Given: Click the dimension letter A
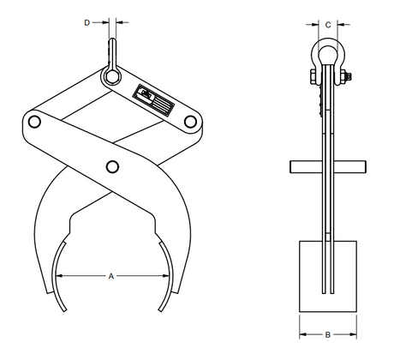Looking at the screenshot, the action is (111, 276).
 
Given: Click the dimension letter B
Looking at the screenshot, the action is (328, 334).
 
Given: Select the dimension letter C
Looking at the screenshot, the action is (328, 25).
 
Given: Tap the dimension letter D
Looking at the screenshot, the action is (87, 22).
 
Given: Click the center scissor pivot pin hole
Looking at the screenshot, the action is (112, 166).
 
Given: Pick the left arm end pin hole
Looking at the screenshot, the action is (34, 122).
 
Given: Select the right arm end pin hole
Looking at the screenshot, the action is (190, 122).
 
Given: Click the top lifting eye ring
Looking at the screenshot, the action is (111, 76).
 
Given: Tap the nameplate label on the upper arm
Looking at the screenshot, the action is (153, 100).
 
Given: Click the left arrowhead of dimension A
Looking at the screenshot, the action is (59, 276).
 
